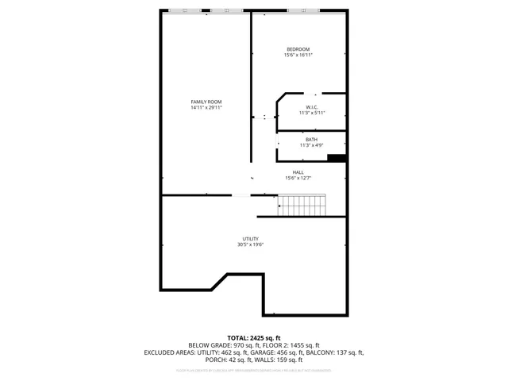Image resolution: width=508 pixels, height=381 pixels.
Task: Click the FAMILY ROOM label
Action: pyautogui.click(x=206, y=102)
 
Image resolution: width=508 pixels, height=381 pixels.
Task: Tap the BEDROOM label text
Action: pyautogui.click(x=298, y=49)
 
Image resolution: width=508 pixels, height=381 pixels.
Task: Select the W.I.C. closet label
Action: pyautogui.click(x=312, y=107)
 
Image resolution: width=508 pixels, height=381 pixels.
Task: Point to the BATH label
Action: pyautogui.click(x=311, y=140)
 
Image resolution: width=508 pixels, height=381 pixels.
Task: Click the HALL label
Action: pyautogui.click(x=298, y=172)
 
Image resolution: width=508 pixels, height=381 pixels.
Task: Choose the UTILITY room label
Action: pyautogui.click(x=250, y=239)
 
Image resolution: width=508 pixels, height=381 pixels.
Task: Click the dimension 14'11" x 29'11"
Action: pyautogui.click(x=206, y=108)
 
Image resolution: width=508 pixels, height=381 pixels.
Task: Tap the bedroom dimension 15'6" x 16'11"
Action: pyautogui.click(x=298, y=56)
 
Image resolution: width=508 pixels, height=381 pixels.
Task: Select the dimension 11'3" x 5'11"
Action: pyautogui.click(x=312, y=114)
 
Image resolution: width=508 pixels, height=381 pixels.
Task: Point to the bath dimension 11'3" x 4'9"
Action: pyautogui.click(x=311, y=146)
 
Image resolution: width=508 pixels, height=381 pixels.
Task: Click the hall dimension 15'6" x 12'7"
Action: pyautogui.click(x=298, y=179)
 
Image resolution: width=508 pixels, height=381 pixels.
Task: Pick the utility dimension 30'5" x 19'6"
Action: pyautogui.click(x=250, y=245)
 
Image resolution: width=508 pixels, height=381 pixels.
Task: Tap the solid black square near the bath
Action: pyautogui.click(x=337, y=158)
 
